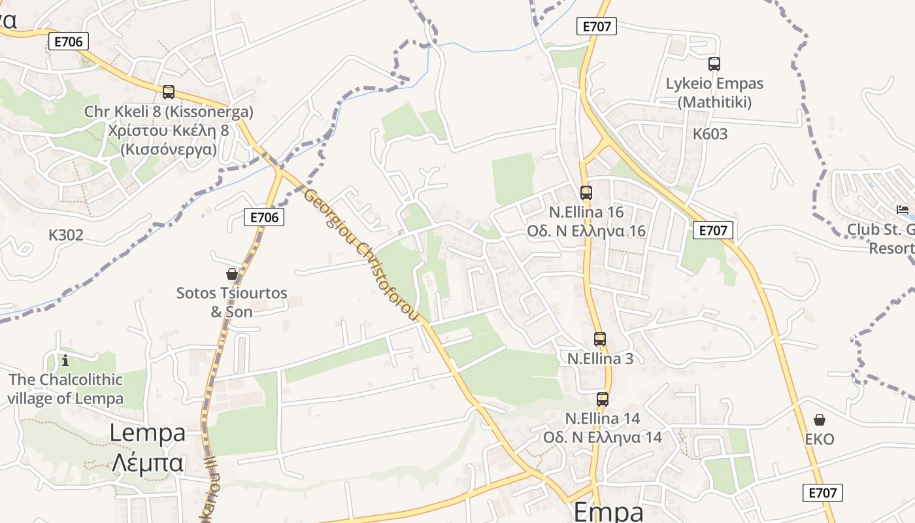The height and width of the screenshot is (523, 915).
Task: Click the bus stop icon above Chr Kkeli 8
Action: point(169,92)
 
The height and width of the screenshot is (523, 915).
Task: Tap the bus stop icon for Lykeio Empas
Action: point(714,64)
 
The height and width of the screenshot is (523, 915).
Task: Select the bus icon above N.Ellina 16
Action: point(586,193)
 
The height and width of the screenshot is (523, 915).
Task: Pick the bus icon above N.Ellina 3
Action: point(600,339)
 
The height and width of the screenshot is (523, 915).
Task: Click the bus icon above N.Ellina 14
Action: point(603,399)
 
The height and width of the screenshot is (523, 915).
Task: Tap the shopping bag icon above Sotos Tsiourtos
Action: point(231,273)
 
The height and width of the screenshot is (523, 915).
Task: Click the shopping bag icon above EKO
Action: point(820,420)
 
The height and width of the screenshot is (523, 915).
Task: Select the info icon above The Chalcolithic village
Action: point(65,360)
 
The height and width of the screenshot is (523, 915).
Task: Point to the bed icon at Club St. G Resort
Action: point(903,210)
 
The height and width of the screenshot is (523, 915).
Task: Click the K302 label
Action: point(66,235)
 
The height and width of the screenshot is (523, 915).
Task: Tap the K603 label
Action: point(710,135)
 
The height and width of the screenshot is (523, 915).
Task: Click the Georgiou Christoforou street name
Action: point(360,255)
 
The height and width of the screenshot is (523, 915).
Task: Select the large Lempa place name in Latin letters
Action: point(147,433)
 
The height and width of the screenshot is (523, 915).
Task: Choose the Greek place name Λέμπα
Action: point(147,463)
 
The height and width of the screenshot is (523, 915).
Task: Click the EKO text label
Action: point(820,439)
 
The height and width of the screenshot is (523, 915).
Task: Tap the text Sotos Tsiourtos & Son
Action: point(231,302)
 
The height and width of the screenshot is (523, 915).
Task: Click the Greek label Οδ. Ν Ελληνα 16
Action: point(586,231)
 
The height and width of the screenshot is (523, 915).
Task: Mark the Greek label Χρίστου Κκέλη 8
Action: point(169,130)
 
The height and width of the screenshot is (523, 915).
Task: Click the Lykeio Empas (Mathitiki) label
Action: point(714,93)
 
